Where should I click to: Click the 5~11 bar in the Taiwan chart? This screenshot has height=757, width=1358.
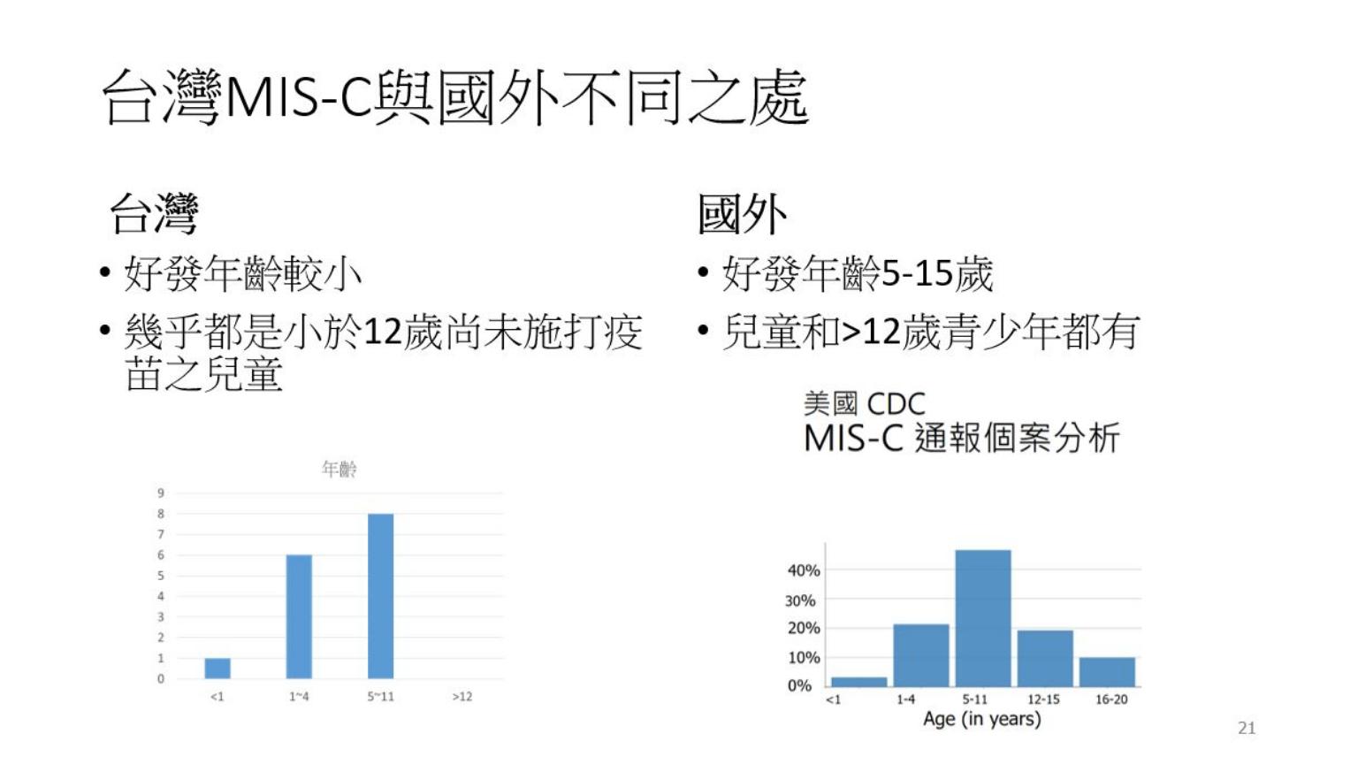(381, 596)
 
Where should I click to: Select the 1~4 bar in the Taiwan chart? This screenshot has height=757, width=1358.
(299, 617)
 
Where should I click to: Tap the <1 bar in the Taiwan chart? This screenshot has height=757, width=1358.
(217, 669)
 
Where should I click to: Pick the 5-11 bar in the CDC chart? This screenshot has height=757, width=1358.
(983, 618)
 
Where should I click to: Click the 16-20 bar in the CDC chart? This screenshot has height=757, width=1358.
(1107, 672)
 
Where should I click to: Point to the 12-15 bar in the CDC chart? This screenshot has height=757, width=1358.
(1045, 659)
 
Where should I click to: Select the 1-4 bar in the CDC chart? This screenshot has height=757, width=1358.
(921, 655)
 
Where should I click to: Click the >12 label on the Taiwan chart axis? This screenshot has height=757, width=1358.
(462, 697)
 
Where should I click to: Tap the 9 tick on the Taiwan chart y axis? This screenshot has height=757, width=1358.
(161, 493)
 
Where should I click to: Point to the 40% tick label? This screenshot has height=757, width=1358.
(804, 570)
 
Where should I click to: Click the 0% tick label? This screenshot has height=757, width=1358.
(799, 686)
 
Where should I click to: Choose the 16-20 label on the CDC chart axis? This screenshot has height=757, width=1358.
(1111, 700)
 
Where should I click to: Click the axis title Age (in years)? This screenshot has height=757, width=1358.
(982, 719)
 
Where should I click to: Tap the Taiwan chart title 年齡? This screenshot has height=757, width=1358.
(339, 469)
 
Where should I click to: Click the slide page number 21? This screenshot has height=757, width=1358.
(1247, 728)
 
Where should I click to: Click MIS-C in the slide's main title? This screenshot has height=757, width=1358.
(298, 97)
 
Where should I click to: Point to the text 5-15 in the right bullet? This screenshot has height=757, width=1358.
(917, 273)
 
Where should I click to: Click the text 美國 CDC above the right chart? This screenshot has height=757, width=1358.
(865, 404)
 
